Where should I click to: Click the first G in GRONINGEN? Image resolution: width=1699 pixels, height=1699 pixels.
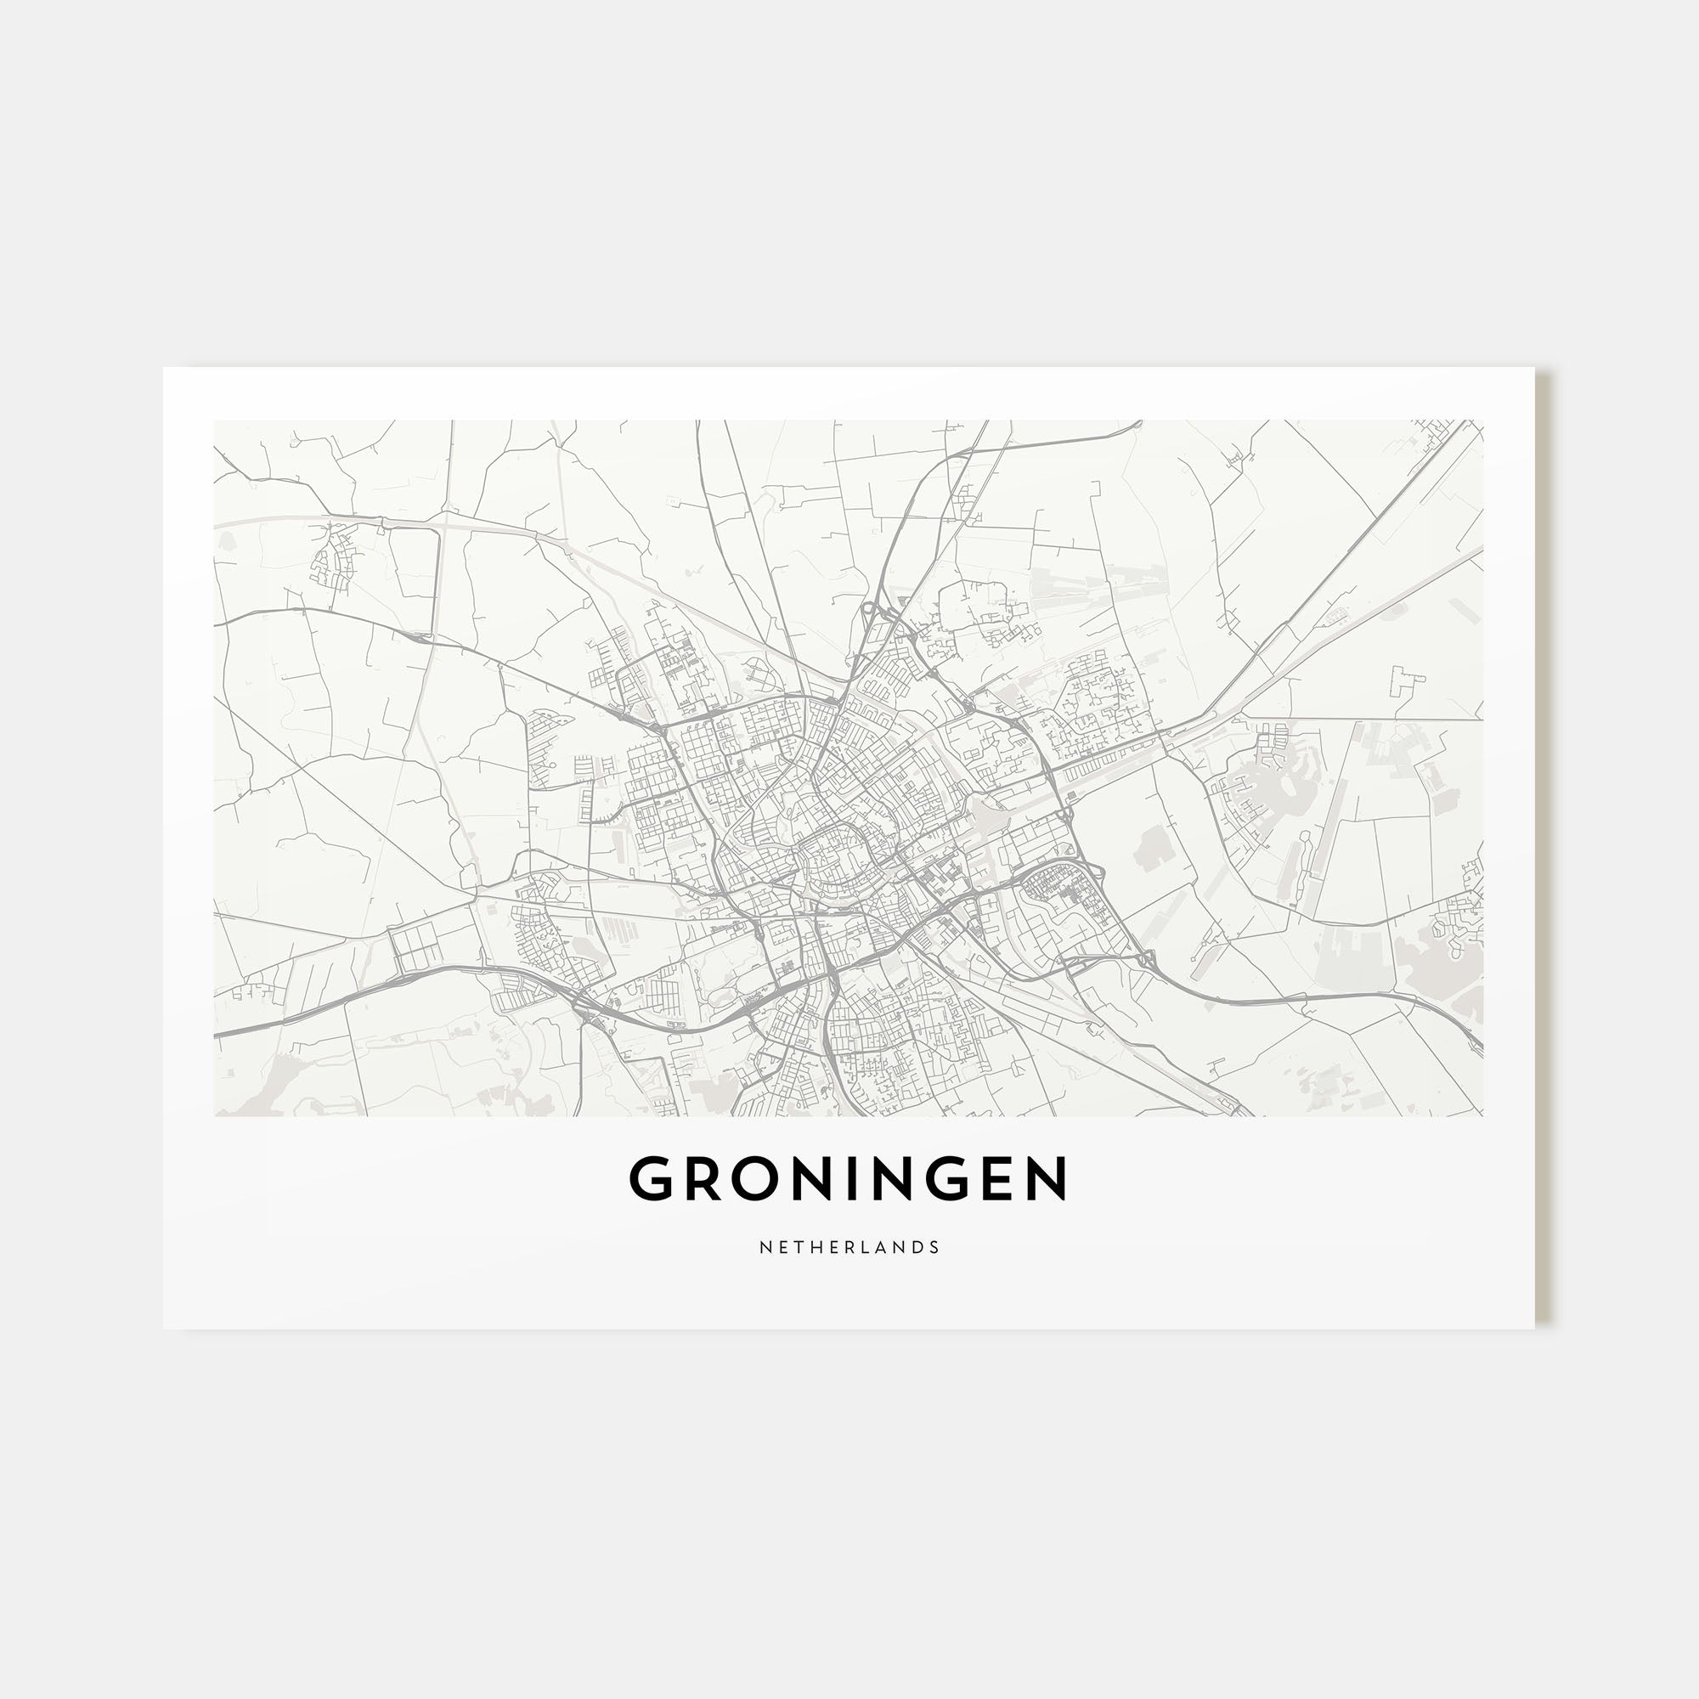(652, 1178)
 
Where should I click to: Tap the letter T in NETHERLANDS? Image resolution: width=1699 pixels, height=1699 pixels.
(799, 1247)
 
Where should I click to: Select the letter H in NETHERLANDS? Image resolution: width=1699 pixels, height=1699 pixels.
(818, 1247)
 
